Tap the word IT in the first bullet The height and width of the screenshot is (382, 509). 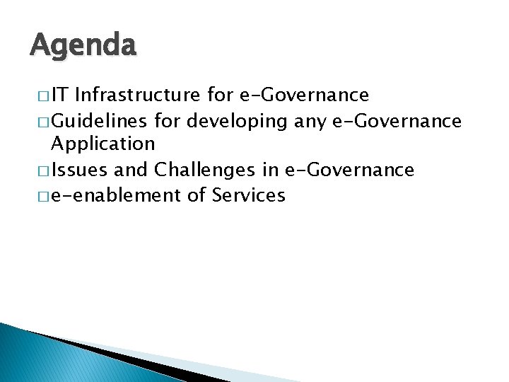[60, 95]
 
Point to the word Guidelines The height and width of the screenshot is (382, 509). [99, 121]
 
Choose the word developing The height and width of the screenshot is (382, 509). [238, 121]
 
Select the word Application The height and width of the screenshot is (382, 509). [103, 144]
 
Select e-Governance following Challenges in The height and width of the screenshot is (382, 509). [361, 170]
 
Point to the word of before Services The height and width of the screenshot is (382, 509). [197, 195]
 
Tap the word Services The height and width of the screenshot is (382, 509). [248, 195]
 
